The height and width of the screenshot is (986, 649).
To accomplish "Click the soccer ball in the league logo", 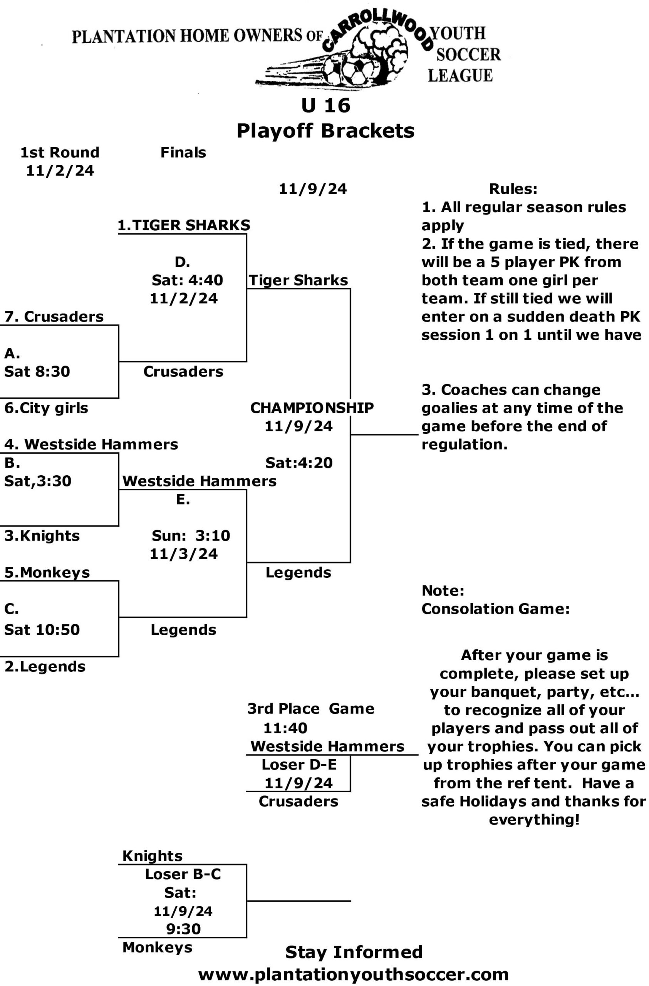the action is point(354,70).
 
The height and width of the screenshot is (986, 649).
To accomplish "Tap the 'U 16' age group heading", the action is point(325,106).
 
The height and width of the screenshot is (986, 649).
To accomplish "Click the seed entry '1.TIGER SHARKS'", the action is point(184,225).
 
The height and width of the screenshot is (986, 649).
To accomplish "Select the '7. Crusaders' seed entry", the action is point(54,317).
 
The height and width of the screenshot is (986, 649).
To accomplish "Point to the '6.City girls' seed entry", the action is point(46,408).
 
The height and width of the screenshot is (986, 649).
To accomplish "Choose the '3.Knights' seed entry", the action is point(42,536).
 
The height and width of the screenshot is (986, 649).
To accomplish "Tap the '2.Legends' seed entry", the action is point(45,667).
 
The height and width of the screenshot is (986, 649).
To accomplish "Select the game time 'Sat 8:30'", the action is point(37,371).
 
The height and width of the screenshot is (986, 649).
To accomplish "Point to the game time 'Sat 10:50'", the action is point(42,630).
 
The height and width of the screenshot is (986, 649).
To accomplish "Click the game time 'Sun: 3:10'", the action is point(191,536).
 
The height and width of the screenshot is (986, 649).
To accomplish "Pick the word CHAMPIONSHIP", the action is point(312,408).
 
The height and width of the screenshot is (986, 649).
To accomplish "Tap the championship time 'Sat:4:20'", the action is point(299,463).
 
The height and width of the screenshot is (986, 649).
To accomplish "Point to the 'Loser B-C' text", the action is point(183,874).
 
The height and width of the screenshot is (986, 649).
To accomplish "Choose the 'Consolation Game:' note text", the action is point(496,609).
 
